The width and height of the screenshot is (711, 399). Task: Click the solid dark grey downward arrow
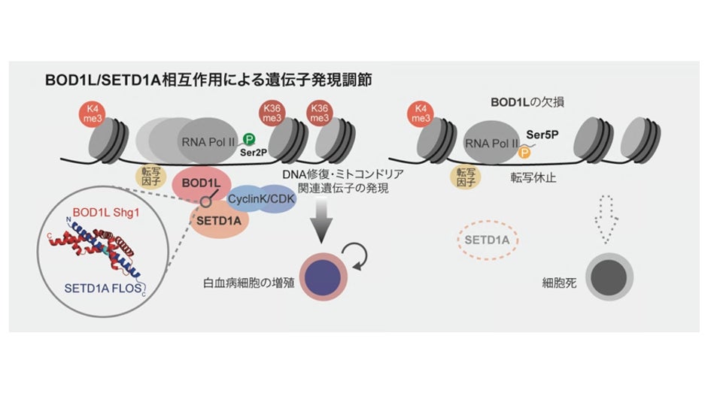324,223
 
